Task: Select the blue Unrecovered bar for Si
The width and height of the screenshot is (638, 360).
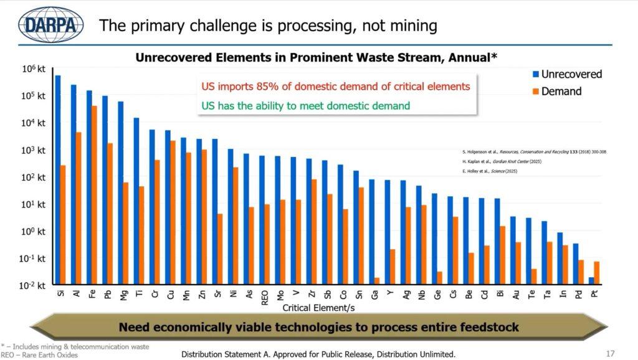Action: coord(58,181)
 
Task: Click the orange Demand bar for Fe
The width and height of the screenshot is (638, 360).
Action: coord(95,195)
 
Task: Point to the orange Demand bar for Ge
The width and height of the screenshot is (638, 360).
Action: coord(440,278)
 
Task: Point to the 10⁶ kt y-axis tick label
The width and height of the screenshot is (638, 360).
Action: coord(35,69)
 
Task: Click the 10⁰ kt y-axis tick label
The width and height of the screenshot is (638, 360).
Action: coord(35,231)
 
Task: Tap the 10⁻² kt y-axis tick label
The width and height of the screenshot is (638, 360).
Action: coord(34,285)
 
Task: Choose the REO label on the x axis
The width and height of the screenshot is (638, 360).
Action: coord(264,296)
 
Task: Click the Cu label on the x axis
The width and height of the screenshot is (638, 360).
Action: coord(168,294)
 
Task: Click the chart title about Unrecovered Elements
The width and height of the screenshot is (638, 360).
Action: coord(316,57)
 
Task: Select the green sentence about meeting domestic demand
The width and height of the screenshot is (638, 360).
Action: coord(305,105)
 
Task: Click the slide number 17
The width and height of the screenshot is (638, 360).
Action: coord(611,354)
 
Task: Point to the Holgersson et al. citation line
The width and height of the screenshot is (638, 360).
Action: coord(534,151)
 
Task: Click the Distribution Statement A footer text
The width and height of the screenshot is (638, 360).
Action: coord(318,354)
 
